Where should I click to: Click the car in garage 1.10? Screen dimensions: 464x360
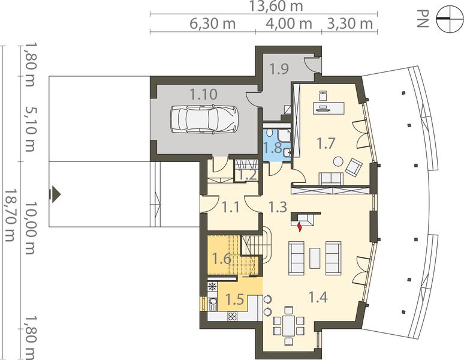[x=204, y=119]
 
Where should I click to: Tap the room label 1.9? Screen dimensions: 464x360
[x=279, y=68]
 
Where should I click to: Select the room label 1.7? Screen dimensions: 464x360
[x=326, y=143]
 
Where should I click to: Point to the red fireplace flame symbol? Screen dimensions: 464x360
[x=300, y=226]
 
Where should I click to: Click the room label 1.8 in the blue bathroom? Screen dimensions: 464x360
[x=273, y=147]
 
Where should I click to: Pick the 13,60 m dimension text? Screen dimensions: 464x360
[x=276, y=6]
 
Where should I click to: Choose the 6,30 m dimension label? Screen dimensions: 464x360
[x=212, y=23]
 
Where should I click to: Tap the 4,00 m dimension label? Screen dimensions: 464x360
[x=289, y=23]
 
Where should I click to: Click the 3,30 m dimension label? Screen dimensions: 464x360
[x=349, y=23]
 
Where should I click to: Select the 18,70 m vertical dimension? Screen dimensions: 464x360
[x=10, y=215]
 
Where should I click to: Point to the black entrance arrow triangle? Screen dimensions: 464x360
[x=55, y=194]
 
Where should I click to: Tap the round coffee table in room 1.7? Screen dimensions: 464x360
[x=338, y=161]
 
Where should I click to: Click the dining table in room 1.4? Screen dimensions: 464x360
[x=288, y=325]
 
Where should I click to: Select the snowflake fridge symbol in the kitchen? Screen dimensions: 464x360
[x=212, y=286]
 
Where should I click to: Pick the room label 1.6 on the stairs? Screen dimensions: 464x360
[x=222, y=259]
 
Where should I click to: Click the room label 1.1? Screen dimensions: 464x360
[x=231, y=207]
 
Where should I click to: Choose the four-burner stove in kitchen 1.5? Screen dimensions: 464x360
[x=232, y=316]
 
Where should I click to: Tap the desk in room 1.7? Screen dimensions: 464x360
[x=329, y=108]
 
